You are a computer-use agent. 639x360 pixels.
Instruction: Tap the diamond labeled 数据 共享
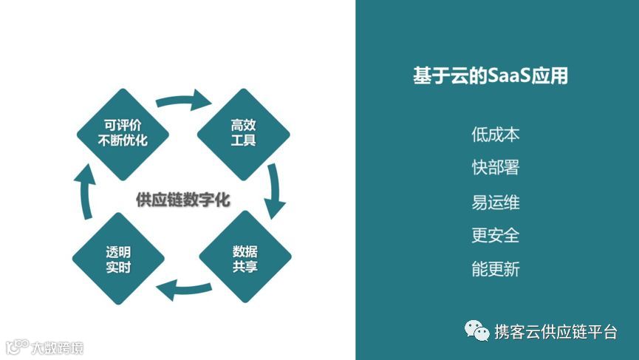(245, 257)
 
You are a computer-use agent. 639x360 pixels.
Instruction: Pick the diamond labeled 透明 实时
(118, 258)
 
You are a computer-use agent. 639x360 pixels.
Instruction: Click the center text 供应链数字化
(183, 200)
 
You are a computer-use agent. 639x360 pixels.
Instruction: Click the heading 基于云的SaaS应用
(491, 75)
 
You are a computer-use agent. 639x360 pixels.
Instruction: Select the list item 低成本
(496, 135)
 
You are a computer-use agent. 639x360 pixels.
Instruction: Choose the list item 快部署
(496, 168)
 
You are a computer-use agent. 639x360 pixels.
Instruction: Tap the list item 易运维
(496, 202)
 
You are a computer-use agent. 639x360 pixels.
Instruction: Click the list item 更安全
(496, 235)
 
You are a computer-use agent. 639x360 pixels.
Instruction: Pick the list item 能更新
(496, 269)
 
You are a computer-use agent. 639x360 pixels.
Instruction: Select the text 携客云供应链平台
(556, 332)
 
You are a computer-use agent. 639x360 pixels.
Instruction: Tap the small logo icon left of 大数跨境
(16, 347)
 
